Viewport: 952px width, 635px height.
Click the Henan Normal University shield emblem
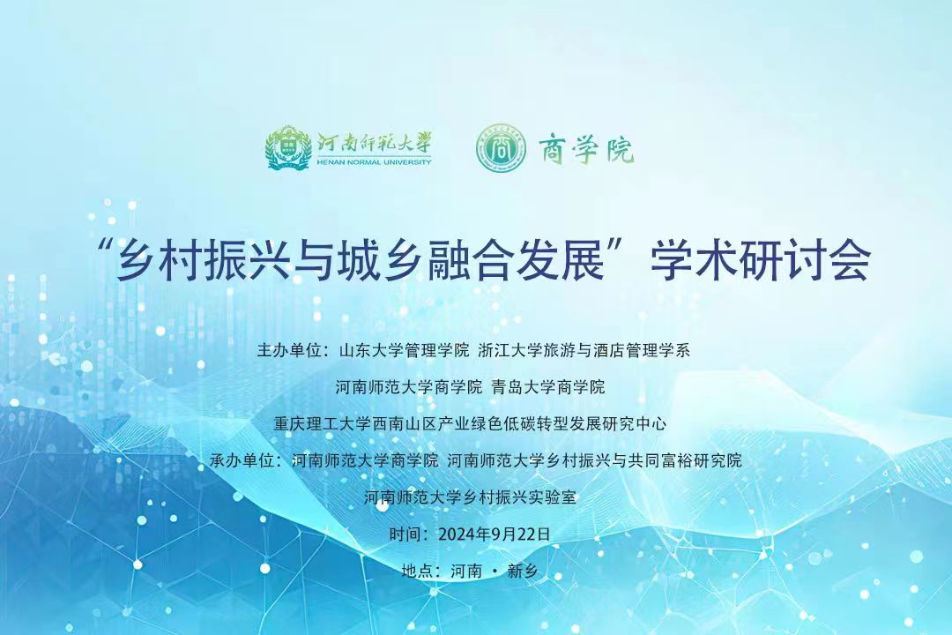(x=288, y=147)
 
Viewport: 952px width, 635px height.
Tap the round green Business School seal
(x=499, y=147)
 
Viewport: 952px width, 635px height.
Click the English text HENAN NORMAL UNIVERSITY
(x=374, y=161)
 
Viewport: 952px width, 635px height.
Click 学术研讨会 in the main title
(x=760, y=260)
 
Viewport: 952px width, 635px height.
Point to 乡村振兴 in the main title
(x=200, y=260)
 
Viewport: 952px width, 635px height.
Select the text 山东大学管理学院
(x=404, y=351)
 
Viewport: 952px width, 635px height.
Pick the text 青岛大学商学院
(x=548, y=387)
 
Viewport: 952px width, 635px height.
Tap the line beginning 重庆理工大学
(x=470, y=423)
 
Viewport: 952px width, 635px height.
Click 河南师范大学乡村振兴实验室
(x=470, y=497)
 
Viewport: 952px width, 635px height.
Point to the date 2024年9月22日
(x=495, y=534)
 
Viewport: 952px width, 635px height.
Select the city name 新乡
(x=522, y=571)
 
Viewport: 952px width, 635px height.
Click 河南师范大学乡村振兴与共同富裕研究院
(x=594, y=460)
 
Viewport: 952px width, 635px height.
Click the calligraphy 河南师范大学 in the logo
(x=374, y=144)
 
